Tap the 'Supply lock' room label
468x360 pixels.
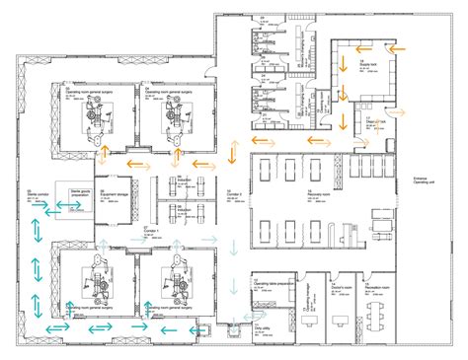pyautogui.click(x=368, y=63)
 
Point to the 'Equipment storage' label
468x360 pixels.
pyautogui.click(x=115, y=193)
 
